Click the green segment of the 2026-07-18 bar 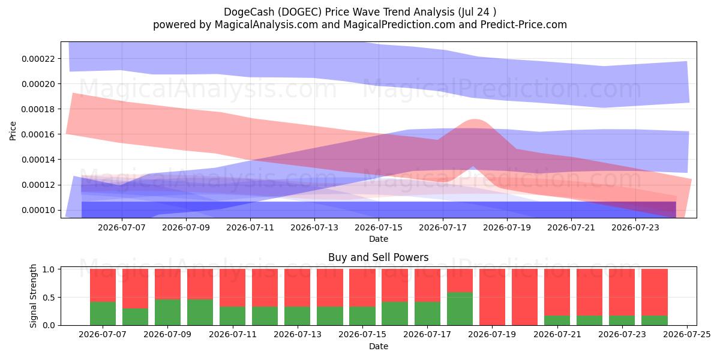click(x=460, y=308)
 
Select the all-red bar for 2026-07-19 click(x=493, y=297)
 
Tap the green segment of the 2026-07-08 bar click(x=136, y=317)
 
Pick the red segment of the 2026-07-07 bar click(x=103, y=285)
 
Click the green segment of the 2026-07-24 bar click(x=655, y=320)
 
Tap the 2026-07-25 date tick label click(x=687, y=334)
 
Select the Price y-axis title click(x=13, y=131)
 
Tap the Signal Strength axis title click(x=33, y=296)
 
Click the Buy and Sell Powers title click(x=379, y=257)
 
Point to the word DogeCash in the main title click(x=250, y=12)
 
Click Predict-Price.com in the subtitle click(x=524, y=25)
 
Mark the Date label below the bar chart click(x=379, y=346)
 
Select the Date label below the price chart click(x=379, y=239)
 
